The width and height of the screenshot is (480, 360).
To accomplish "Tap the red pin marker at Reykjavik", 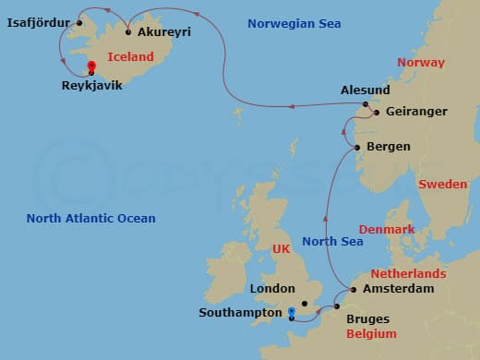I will [90, 66].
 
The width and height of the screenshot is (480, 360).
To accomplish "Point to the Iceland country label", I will [130, 57].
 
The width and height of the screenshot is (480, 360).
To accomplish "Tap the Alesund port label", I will [365, 91].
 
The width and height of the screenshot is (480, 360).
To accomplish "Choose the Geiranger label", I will [415, 111].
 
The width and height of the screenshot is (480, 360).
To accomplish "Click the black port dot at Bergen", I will [358, 147].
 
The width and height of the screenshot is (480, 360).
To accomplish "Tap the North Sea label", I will [331, 242].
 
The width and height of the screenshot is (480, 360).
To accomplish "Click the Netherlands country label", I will [408, 274].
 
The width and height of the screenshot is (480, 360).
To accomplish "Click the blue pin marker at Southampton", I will [292, 312].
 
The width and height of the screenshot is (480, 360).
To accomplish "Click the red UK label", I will [281, 249].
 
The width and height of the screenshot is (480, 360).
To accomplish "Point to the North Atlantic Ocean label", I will [90, 219].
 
